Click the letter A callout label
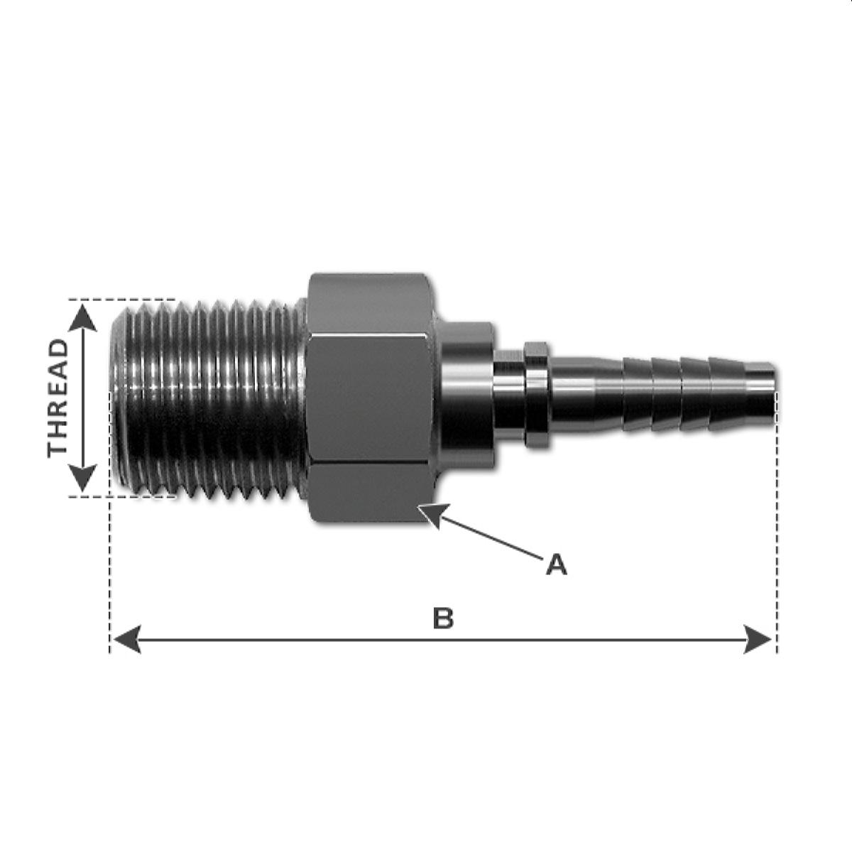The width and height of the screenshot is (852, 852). point(557,565)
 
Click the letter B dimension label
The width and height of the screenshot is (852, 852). point(443,618)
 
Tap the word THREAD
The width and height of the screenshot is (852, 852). point(58,398)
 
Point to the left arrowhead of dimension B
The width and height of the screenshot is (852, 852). point(126,640)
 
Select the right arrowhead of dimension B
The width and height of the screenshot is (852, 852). point(758,640)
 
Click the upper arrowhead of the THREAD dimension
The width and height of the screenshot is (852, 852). point(84,315)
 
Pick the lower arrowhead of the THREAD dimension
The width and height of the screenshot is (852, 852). point(84,478)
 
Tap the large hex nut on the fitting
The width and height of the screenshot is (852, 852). point(369,398)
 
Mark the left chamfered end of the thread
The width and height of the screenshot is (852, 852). point(119,398)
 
